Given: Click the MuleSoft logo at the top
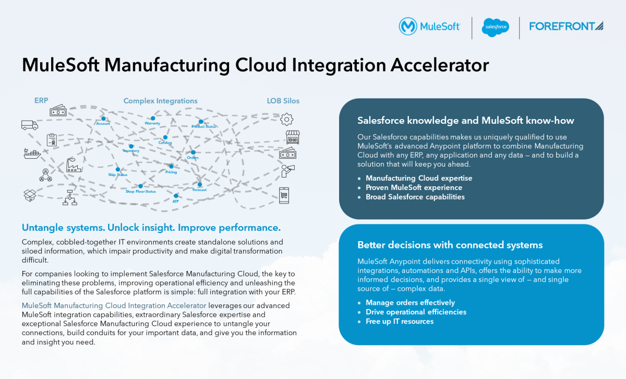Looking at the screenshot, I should (x=429, y=26).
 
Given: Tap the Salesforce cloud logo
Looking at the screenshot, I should (x=495, y=26).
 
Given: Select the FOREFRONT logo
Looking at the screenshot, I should (x=566, y=26).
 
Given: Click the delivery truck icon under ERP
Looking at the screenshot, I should (x=30, y=125).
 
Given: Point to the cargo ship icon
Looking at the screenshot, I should (x=32, y=153).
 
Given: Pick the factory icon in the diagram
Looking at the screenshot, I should (x=74, y=164).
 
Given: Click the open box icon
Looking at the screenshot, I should (x=30, y=195).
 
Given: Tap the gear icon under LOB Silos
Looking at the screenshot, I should (x=286, y=120).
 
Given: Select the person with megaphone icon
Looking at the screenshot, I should (x=288, y=170).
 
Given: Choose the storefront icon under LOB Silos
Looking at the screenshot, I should (x=293, y=137).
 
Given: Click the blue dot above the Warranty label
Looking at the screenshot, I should (x=153, y=119).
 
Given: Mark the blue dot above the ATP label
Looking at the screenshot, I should (x=176, y=196).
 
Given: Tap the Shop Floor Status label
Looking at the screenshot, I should (x=140, y=192).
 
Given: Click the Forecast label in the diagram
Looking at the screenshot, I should (x=199, y=190).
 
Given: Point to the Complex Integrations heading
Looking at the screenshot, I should (x=160, y=101).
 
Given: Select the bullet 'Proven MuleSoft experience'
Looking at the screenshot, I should (x=414, y=187).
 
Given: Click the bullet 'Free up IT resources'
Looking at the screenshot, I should (x=400, y=321).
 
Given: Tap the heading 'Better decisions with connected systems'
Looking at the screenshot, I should (x=450, y=245).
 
